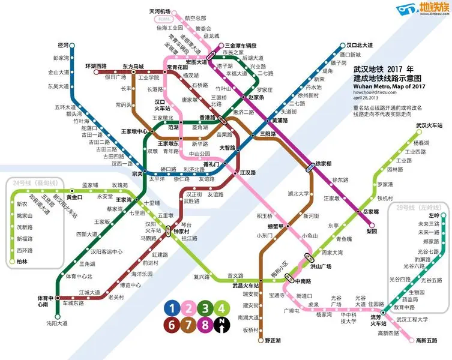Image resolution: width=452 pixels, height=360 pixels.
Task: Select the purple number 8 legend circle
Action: (206, 326)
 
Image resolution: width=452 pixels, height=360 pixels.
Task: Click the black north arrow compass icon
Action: (223, 326)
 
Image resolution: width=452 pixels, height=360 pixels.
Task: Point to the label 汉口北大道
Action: (360, 45)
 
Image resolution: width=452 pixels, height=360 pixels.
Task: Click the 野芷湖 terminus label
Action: (272, 340)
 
